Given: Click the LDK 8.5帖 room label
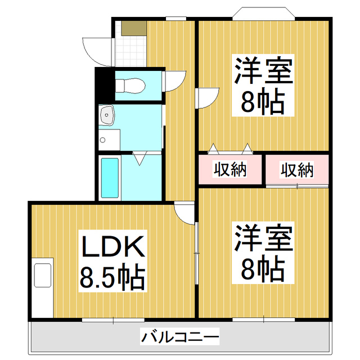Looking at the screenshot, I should [x=112, y=261].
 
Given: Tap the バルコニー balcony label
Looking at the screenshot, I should [x=179, y=338].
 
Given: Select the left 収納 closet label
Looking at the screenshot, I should [x=230, y=169].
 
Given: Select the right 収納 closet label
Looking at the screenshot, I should [x=297, y=169].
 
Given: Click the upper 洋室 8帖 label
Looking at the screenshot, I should [x=263, y=87].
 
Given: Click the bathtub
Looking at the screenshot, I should [x=109, y=177].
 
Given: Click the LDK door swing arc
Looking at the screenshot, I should [x=184, y=212].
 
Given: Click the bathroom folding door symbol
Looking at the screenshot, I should [x=141, y=157].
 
